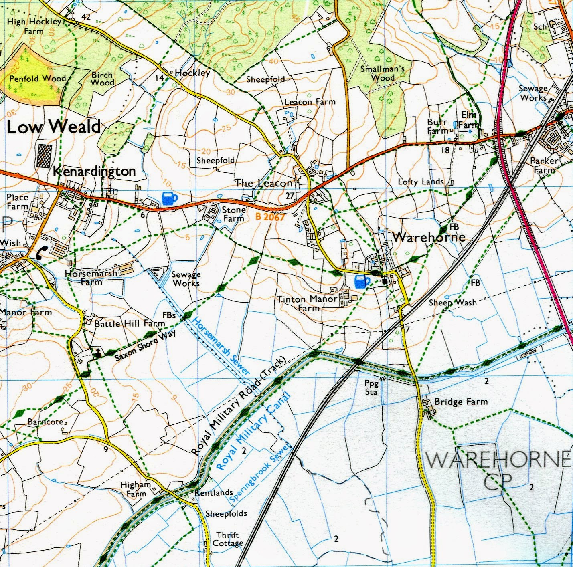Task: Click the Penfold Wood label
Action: (37, 79)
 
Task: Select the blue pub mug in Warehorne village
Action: (362, 282)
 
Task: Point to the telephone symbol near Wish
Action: (42, 252)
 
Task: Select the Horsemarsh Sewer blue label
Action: (221, 346)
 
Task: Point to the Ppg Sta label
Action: (371, 387)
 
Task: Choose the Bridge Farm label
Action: (461, 402)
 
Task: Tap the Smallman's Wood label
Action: (382, 73)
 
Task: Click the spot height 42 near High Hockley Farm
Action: (86, 16)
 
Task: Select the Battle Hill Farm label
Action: (130, 323)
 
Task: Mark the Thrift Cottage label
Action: (228, 539)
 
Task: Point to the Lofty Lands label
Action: (421, 182)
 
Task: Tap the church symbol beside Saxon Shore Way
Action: (97, 353)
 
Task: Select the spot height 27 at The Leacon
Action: (290, 196)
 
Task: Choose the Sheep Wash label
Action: (453, 303)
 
